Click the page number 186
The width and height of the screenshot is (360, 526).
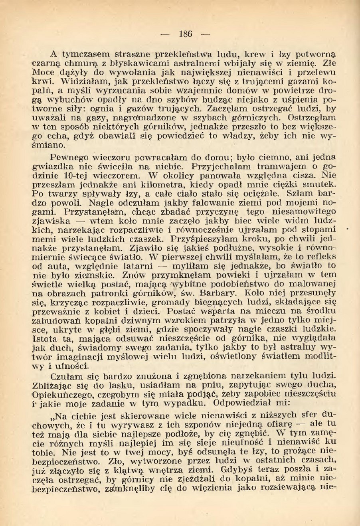pyautogui.click(x=186, y=34)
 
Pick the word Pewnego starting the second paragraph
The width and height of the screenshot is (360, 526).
pyautogui.click(x=70, y=157)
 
